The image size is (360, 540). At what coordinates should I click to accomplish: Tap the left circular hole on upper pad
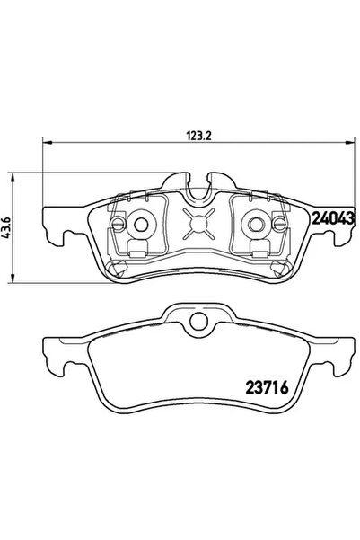(x=140, y=226)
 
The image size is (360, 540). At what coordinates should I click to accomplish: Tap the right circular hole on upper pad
(x=258, y=225)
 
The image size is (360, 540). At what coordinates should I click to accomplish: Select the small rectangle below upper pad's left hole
(x=136, y=249)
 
